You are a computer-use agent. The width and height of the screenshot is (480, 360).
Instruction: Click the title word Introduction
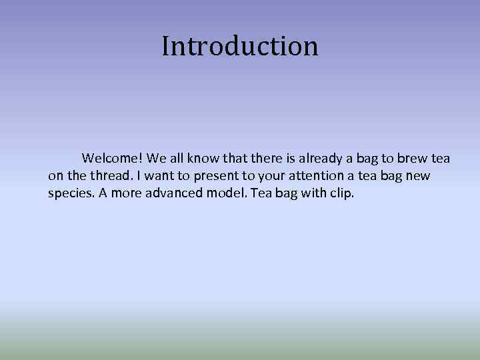point(240,46)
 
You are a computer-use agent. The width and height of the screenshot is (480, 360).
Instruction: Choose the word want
point(155,176)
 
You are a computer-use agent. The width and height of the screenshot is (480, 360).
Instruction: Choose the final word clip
point(342,194)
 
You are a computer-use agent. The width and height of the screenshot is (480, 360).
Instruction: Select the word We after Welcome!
point(155,159)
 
